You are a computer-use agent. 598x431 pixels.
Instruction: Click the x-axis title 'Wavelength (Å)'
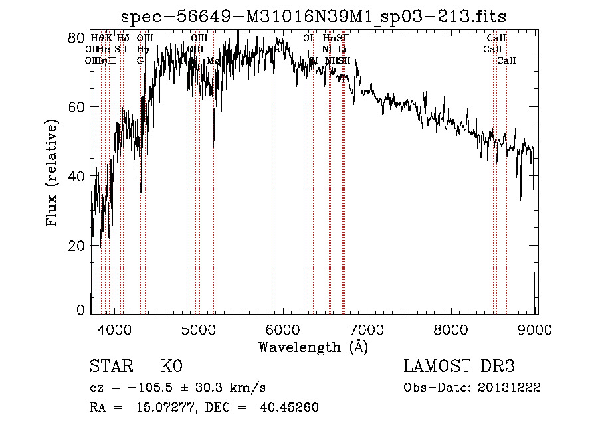point(313,347)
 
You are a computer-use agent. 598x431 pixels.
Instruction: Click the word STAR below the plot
point(111,367)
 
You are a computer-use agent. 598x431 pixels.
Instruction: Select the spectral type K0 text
point(171,367)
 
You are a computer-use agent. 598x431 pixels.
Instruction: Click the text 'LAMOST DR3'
point(459,367)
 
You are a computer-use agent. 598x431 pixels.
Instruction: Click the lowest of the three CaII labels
point(506,60)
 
